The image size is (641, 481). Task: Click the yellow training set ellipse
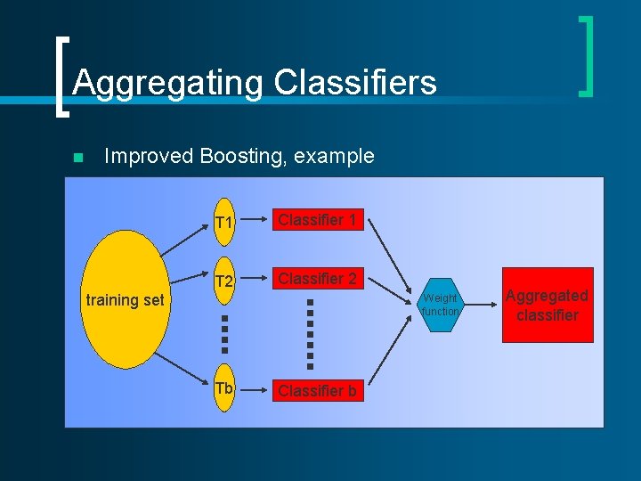point(124,299)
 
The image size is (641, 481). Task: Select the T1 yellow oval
point(223,221)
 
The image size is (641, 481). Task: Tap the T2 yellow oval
point(223,281)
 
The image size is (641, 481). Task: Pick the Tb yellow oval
point(223,389)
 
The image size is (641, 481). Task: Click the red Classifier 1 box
point(318,220)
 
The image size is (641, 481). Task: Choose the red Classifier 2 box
point(318,280)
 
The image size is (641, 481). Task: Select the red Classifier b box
point(318,390)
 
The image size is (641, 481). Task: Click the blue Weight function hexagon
point(440,306)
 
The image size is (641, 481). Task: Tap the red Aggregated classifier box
point(547,306)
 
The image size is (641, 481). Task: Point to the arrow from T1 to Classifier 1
point(255,221)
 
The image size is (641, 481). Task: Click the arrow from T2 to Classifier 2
point(255,281)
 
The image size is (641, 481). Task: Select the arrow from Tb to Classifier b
point(255,390)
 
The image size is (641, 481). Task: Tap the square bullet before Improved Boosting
point(77,158)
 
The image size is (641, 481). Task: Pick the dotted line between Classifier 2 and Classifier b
point(310,333)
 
